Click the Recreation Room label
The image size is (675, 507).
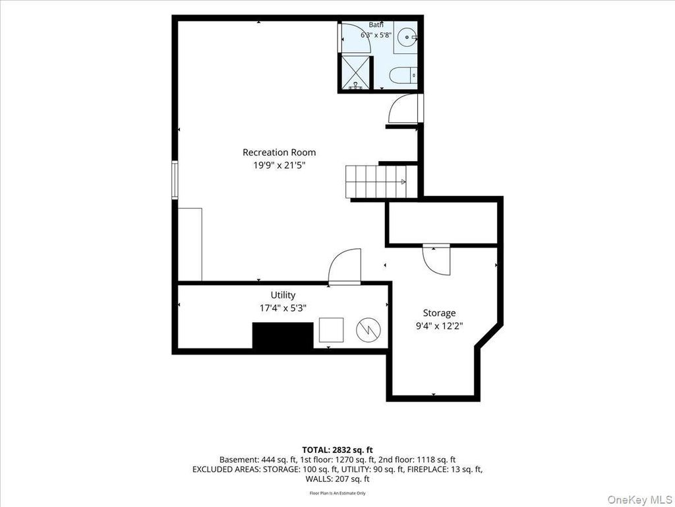point(279,152)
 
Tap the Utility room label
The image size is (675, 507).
point(283,295)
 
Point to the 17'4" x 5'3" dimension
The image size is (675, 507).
point(283,308)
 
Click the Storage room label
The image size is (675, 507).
point(439,313)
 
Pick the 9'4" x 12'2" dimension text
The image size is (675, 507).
point(439,326)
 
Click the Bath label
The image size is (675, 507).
point(376,24)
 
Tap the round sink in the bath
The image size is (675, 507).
point(407,38)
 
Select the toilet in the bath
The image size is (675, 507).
point(403,75)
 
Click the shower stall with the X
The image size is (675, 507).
point(355,73)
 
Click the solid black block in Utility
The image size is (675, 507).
point(283,335)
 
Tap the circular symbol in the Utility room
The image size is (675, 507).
point(368,330)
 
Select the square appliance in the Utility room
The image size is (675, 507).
point(331,330)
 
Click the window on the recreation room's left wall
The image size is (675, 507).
point(175,180)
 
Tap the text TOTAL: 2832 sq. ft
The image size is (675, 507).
point(337,450)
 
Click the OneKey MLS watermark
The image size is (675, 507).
point(639,499)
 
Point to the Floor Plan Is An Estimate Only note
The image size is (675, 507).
point(337,492)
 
